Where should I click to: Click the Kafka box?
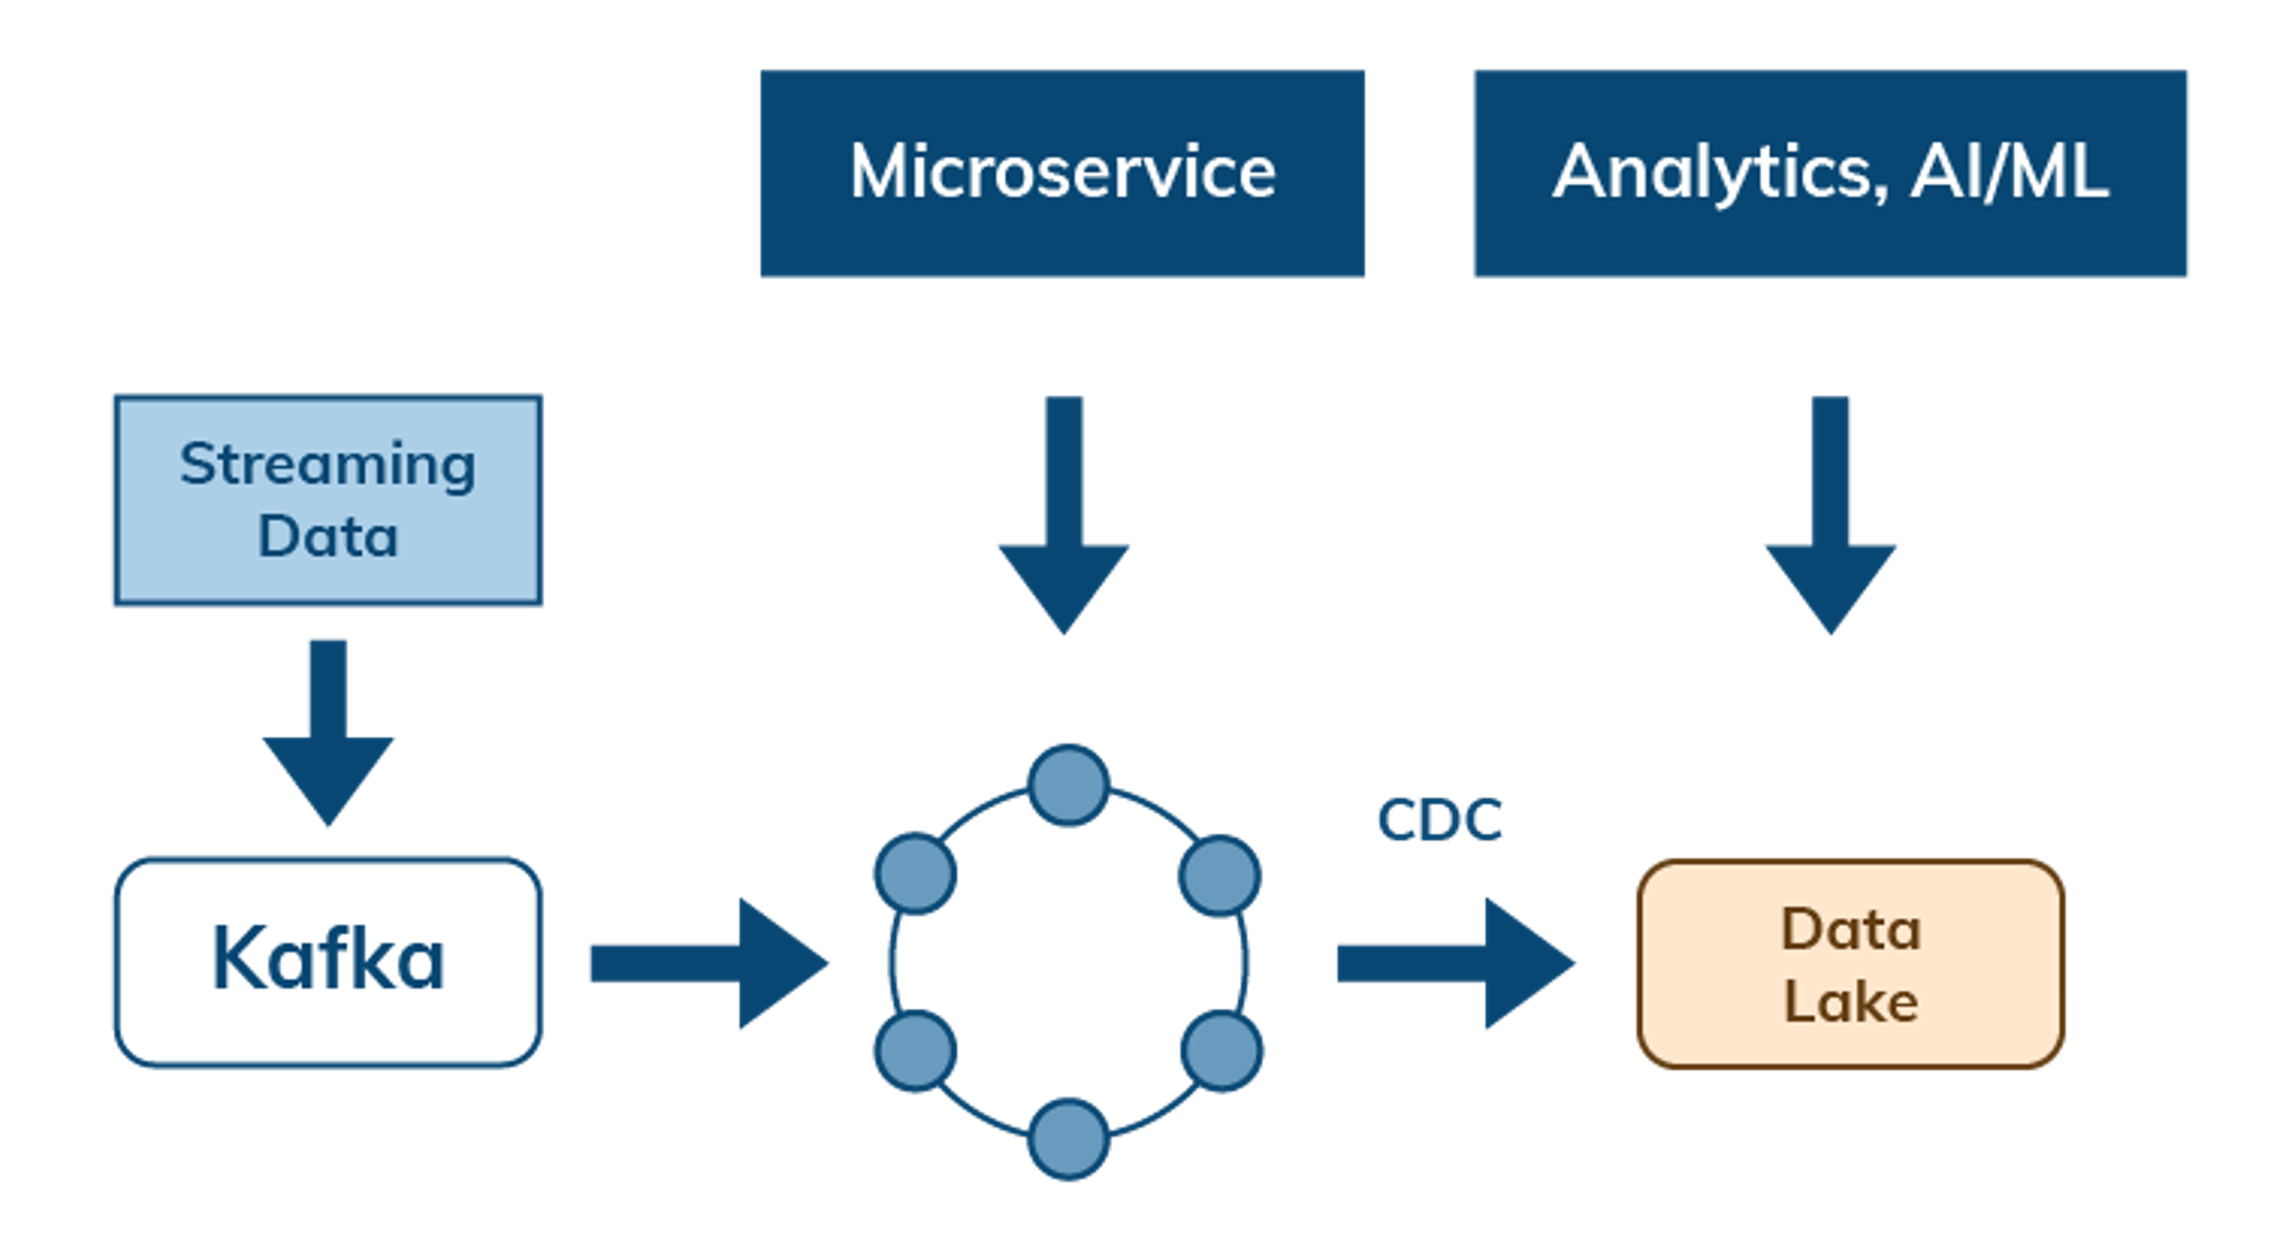point(327,961)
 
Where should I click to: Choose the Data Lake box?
point(1850,963)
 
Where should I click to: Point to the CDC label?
point(1440,820)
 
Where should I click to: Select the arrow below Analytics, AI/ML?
point(1830,517)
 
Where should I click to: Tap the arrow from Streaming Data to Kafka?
point(328,731)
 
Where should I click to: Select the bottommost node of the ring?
point(1068,1140)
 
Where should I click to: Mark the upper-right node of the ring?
point(1220,875)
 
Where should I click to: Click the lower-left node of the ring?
point(915,1051)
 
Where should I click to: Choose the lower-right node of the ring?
point(1222,1051)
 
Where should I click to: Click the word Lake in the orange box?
point(1850,1001)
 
